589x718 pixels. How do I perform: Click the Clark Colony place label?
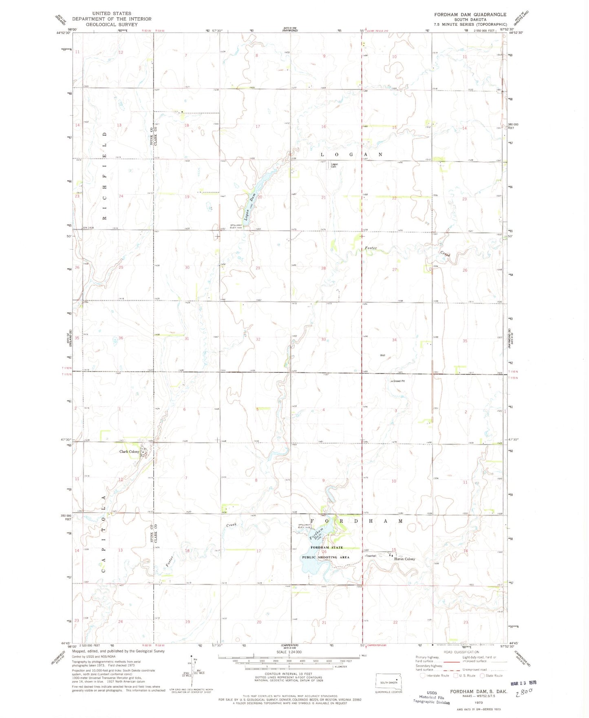[129, 452]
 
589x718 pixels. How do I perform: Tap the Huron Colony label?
[404, 559]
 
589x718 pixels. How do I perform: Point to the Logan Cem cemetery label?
[334, 165]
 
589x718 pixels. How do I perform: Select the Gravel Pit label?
[399, 381]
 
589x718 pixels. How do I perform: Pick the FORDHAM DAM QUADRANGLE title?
[470, 14]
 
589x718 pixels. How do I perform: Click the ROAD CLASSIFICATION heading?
[461, 652]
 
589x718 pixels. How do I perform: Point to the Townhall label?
[371, 556]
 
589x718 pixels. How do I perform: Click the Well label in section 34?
[382, 355]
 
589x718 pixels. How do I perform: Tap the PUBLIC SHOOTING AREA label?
[325, 557]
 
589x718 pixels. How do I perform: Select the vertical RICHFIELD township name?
[104, 176]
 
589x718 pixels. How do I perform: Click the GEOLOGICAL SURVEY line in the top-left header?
[112, 24]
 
